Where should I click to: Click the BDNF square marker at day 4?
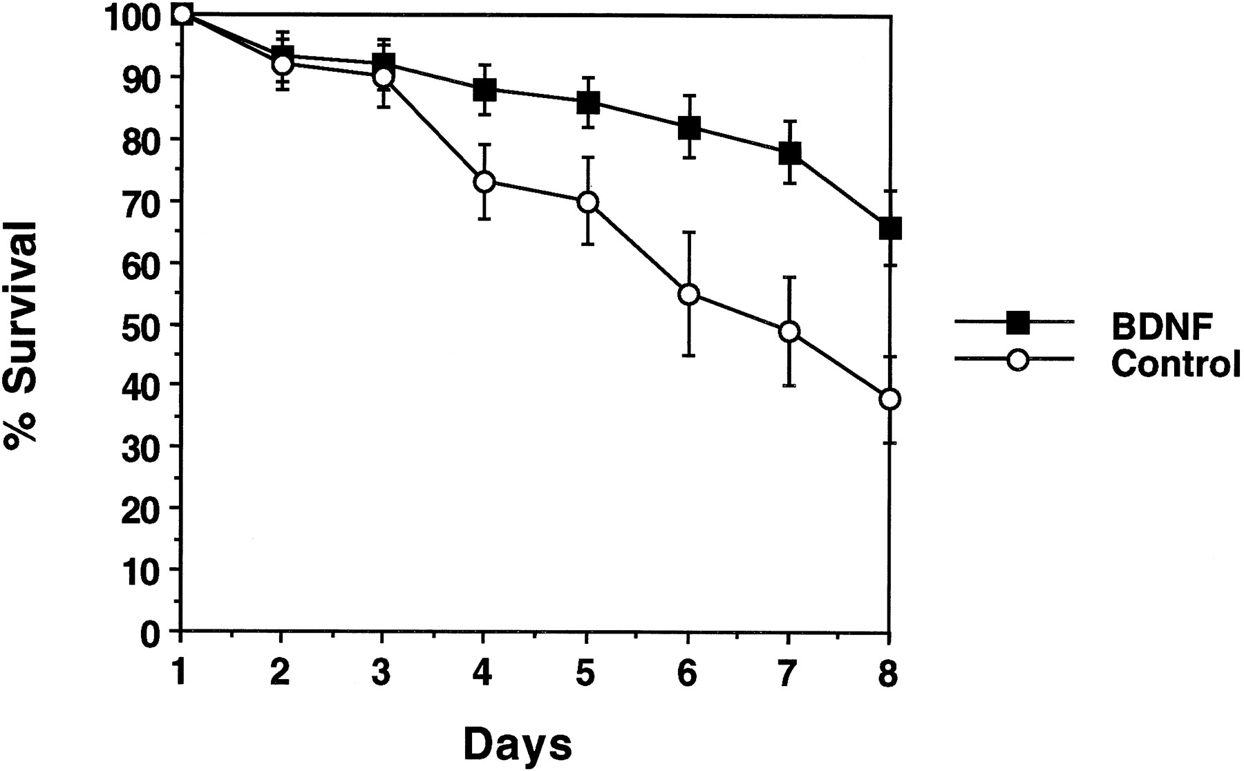484,90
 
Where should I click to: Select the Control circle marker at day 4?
484,182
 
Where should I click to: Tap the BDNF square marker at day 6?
688,127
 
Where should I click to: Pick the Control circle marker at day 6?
688,294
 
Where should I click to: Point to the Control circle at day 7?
789,332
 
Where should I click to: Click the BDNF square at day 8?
890,228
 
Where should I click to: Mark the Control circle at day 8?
890,399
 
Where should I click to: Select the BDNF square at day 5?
587,103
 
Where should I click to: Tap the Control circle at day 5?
587,202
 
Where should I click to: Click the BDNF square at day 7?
789,153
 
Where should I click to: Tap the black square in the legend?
1017,322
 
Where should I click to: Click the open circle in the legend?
1017,360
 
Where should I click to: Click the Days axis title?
517,745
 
